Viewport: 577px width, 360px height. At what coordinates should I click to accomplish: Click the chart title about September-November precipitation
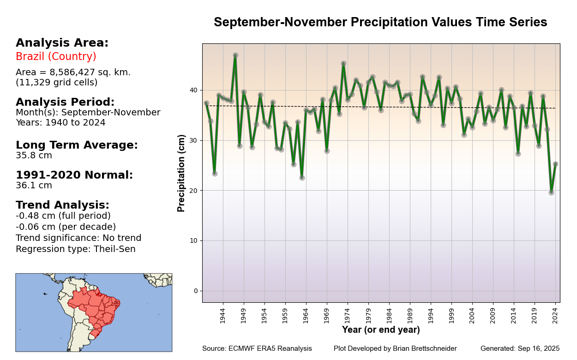(x=380, y=23)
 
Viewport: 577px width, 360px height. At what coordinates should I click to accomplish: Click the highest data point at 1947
(x=235, y=55)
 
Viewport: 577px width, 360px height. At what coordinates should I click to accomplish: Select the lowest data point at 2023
(x=551, y=192)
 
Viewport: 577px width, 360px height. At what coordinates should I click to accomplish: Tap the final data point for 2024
(x=555, y=164)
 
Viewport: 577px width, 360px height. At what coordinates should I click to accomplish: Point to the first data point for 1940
(x=206, y=103)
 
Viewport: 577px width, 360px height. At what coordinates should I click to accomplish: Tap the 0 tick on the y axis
(x=196, y=291)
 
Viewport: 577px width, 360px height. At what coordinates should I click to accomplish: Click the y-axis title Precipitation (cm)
(x=181, y=173)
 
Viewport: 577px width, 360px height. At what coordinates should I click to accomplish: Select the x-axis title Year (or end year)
(x=381, y=330)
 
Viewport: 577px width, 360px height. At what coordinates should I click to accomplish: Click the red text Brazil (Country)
(x=56, y=57)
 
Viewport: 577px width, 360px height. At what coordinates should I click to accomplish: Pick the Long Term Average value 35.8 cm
(x=34, y=156)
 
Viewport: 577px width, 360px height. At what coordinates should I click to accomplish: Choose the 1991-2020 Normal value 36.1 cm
(x=34, y=186)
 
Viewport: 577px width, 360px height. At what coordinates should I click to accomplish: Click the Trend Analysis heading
(x=62, y=205)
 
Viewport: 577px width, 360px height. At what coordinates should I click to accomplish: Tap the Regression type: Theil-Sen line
(x=75, y=249)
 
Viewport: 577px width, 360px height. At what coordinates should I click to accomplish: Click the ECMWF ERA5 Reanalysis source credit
(x=270, y=348)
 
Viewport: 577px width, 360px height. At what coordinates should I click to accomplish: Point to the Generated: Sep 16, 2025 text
(x=520, y=348)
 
